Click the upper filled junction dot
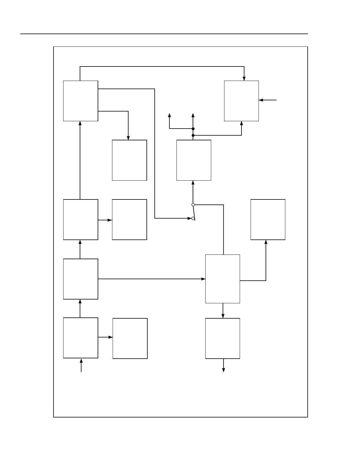[x=193, y=129]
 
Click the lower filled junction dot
[x=193, y=135]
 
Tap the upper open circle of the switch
[x=193, y=205]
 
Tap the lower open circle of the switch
[x=193, y=218]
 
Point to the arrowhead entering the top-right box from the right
[x=261, y=100]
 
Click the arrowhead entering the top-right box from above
[x=244, y=79]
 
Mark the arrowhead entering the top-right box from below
[x=241, y=123]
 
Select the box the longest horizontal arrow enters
[x=222, y=279]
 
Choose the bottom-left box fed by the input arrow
[x=81, y=338]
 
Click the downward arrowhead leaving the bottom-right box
[x=224, y=370]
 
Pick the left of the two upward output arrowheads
[x=169, y=115]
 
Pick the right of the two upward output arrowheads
[x=193, y=115]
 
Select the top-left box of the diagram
[x=81, y=101]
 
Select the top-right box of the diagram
[x=241, y=101]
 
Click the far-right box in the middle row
[x=268, y=219]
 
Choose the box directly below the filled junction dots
[x=194, y=160]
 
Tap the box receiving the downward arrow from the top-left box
[x=129, y=160]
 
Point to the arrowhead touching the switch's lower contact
[x=189, y=218]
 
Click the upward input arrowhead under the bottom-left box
[x=81, y=361]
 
